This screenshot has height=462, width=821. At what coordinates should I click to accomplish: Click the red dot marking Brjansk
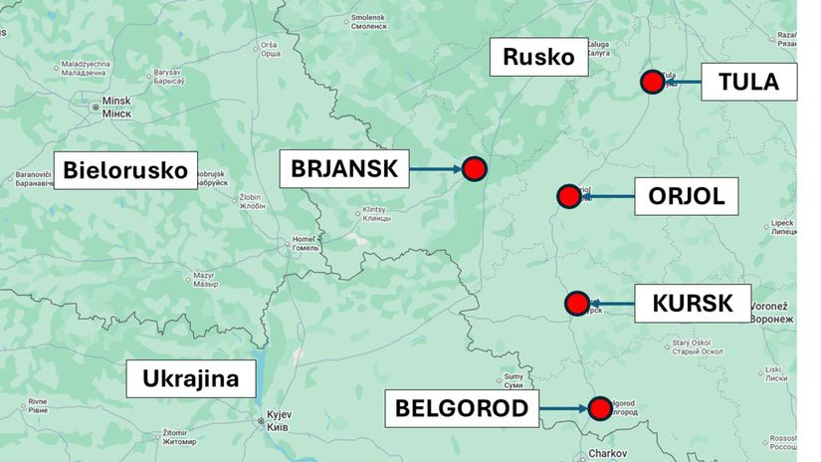click(x=475, y=170)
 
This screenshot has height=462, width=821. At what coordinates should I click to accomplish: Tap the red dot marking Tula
click(x=653, y=83)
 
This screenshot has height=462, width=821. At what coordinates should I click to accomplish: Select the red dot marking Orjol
click(x=569, y=196)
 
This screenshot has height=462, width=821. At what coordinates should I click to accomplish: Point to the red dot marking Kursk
click(x=576, y=303)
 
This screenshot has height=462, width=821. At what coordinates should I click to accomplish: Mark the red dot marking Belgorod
click(x=599, y=408)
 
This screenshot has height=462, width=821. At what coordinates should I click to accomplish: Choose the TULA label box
click(x=748, y=82)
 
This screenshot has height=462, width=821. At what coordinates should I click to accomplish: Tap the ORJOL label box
click(x=686, y=196)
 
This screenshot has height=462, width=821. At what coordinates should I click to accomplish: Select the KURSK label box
click(x=693, y=303)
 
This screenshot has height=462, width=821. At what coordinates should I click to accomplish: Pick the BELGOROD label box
click(x=461, y=407)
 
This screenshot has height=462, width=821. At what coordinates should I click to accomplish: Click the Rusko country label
click(x=538, y=57)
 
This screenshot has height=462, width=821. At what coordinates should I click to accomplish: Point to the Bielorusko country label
click(x=125, y=170)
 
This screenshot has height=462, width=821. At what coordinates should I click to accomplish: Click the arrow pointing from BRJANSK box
click(x=436, y=170)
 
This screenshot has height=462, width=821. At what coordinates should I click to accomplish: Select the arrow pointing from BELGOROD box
click(x=564, y=408)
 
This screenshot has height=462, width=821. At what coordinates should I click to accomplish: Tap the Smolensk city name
click(x=367, y=18)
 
